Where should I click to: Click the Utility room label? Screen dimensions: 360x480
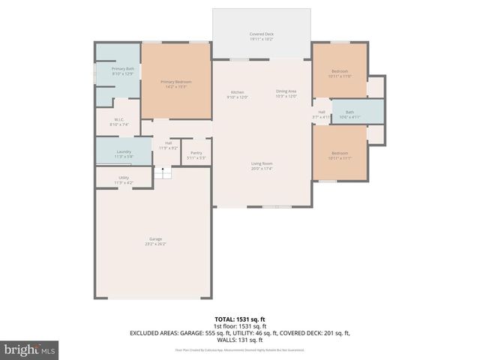124,178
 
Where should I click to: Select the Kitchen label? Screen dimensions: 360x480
238,91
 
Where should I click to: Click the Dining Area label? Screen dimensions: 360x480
286,91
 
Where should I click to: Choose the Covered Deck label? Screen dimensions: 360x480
261,34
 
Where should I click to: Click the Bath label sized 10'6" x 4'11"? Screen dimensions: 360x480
349,112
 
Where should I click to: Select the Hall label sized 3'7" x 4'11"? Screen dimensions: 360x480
321,112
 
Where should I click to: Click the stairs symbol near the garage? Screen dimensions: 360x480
163,173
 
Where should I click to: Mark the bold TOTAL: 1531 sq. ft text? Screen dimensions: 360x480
240,319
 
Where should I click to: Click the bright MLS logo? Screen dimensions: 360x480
30,349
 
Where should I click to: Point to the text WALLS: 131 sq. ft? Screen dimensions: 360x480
240,339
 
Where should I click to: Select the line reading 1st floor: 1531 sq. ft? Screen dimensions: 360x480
240,325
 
